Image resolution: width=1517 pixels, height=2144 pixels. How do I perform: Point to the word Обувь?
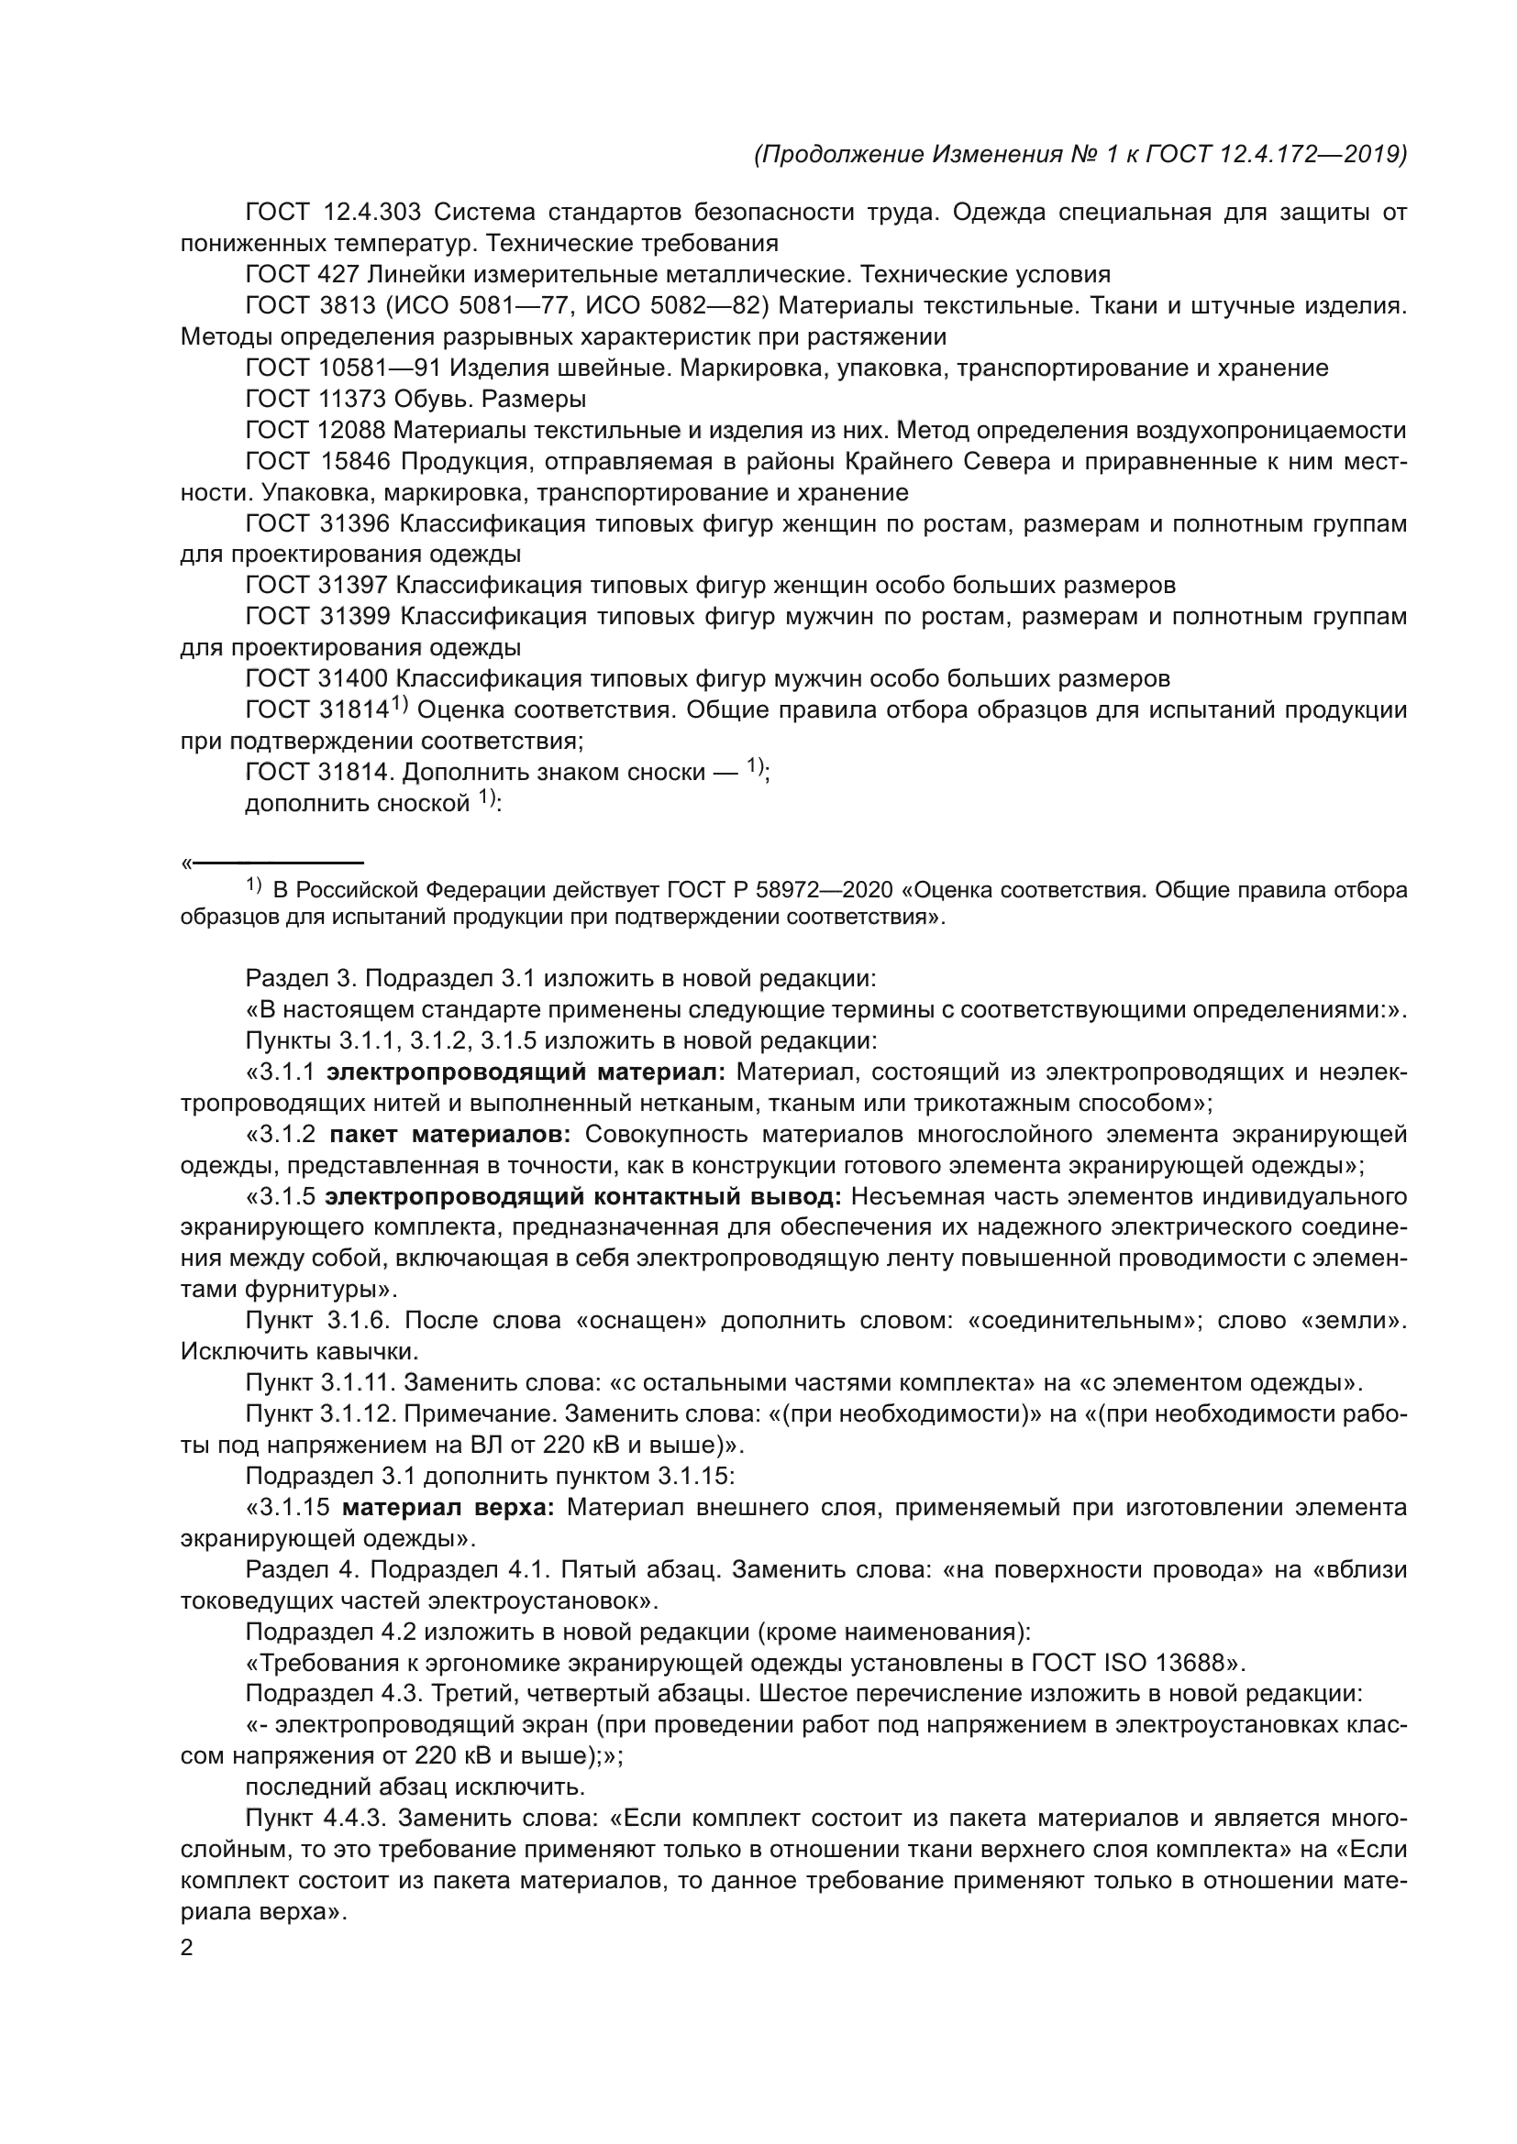[420, 400]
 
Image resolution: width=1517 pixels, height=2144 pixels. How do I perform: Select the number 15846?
[353, 461]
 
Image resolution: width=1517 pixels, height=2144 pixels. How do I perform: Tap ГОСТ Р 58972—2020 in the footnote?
[779, 890]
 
